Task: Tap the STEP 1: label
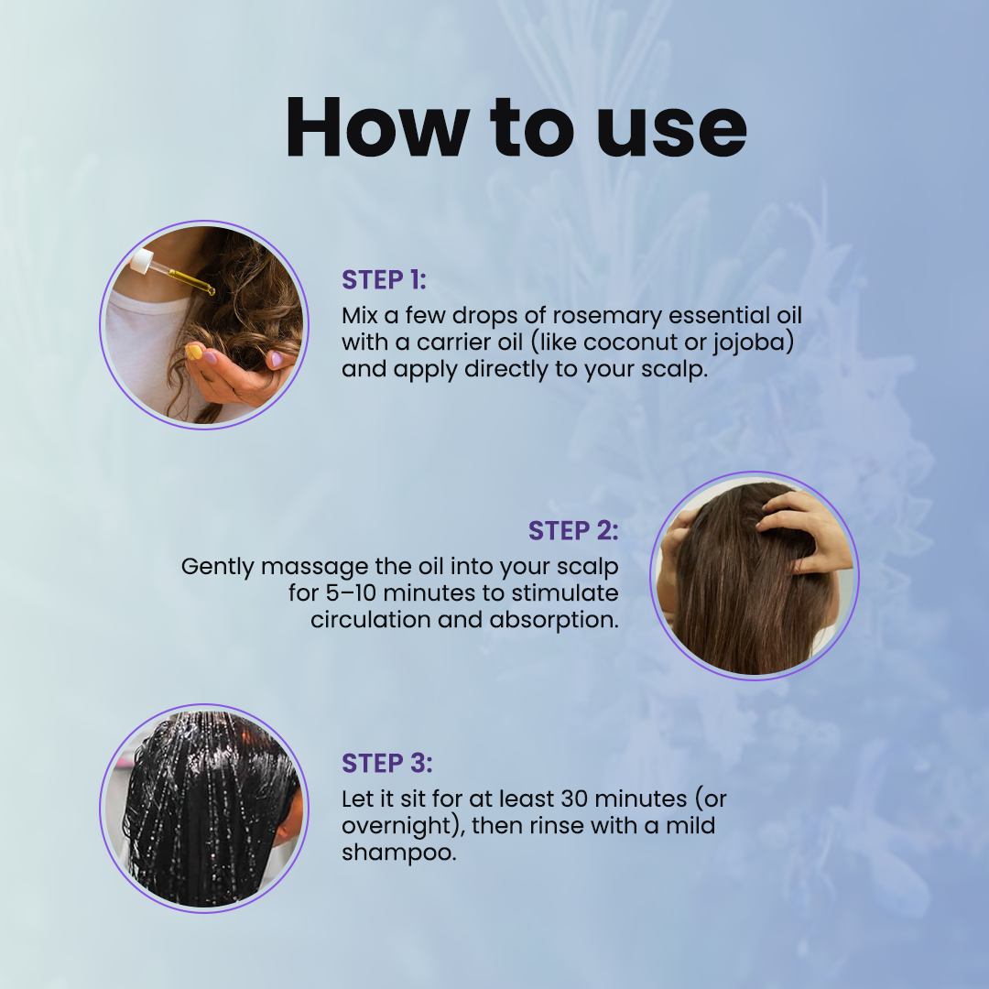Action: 384,280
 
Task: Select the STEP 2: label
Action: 573,531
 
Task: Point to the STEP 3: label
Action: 386,764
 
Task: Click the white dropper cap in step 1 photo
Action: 141,264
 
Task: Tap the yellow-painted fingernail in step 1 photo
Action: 193,351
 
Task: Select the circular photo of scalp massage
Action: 754,574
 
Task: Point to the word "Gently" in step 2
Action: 217,567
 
